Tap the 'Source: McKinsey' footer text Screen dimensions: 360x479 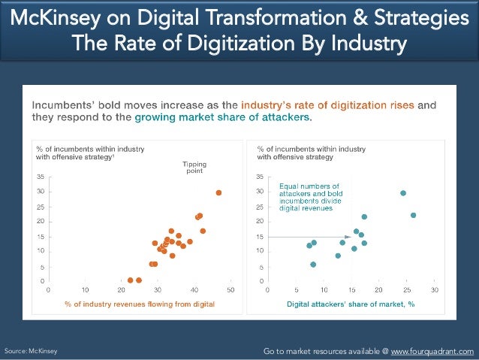31,351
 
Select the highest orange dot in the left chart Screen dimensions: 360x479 218,192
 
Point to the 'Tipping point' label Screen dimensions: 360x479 194,167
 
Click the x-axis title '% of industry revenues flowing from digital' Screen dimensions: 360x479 140,304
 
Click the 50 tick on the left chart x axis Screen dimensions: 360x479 230,289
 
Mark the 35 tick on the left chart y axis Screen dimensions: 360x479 41,177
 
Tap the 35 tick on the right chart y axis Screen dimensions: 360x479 261,177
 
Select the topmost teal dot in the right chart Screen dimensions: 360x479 403,193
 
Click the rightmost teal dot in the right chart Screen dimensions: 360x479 413,215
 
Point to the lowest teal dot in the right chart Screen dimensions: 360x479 313,265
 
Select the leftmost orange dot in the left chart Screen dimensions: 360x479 130,280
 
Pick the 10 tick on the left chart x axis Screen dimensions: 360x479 85,289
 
